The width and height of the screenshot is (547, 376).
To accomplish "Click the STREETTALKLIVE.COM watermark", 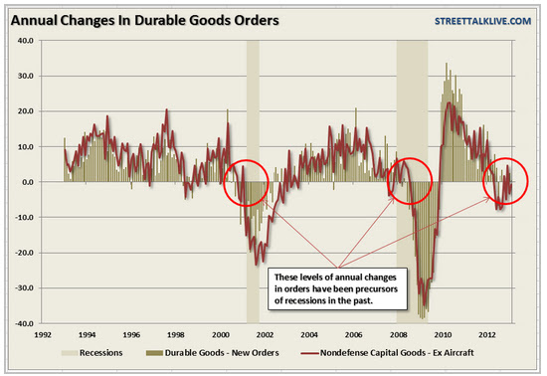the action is [482, 21].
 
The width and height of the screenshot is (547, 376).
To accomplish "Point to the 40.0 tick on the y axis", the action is [25, 41].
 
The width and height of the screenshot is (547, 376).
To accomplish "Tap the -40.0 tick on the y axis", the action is [24, 323].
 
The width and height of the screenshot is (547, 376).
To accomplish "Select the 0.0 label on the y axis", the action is [27, 182].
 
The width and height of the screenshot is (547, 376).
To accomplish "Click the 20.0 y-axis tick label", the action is [25, 111].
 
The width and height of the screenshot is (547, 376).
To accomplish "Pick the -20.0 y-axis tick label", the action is [24, 253].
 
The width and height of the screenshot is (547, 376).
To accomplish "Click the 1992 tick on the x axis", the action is [43, 335].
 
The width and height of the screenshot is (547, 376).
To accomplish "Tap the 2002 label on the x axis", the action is [265, 335].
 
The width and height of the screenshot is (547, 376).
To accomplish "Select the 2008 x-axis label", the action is [399, 335].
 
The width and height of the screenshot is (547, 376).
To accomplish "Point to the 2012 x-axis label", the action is [487, 335].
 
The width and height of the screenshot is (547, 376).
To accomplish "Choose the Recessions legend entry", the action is [92, 353].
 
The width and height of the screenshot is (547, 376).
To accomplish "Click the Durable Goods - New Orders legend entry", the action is [213, 353].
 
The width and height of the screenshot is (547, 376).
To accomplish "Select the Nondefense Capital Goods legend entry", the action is [387, 353].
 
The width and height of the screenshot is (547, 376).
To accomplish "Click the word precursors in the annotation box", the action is [376, 289].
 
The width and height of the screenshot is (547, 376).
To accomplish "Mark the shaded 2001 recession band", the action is [253, 182].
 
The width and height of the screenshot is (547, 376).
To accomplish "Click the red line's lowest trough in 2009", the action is [425, 305].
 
